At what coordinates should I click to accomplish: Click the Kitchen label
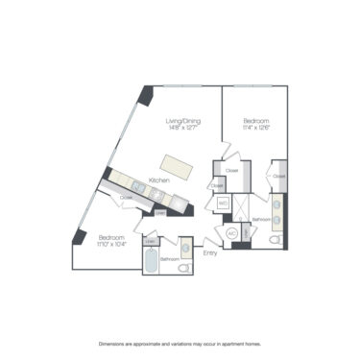tap(159, 180)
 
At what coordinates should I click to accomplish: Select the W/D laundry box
tap(223, 204)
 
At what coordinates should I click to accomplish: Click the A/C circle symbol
tap(231, 234)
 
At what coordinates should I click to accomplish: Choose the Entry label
tap(210, 253)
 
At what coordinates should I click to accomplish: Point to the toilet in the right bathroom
tap(275, 240)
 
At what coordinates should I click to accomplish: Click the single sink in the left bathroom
tap(185, 248)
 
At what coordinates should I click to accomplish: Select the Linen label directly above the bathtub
tap(150, 240)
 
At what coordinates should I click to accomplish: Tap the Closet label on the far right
tap(279, 177)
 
